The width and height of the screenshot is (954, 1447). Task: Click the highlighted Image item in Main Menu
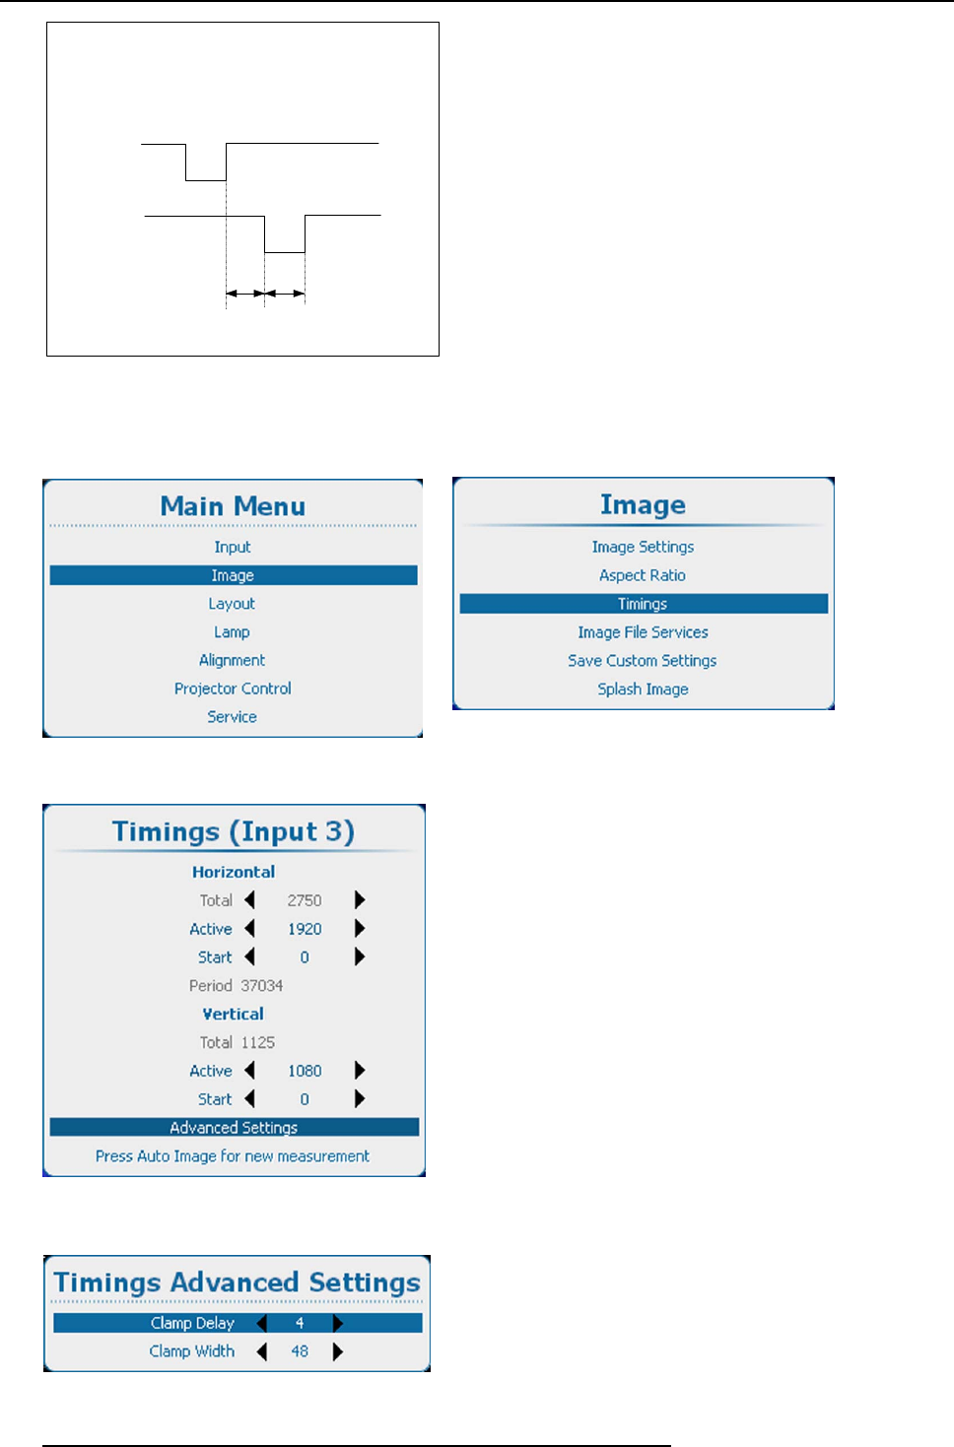pos(233,575)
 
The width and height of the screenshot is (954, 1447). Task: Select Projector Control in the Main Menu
pos(233,689)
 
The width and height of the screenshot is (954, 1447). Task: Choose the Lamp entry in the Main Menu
pos(232,632)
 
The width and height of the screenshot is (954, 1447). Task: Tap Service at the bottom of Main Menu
pos(232,717)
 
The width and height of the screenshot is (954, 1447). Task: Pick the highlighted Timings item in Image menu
pos(643,604)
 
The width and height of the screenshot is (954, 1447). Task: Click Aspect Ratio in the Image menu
pos(643,575)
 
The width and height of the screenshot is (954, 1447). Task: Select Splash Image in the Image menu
pos(643,690)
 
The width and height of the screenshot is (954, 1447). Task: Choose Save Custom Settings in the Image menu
pos(643,661)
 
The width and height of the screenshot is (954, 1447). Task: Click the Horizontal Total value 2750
pos(305,900)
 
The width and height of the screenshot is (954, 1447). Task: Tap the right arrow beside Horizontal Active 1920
pos(360,929)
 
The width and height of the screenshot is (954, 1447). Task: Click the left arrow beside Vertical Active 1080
pos(250,1071)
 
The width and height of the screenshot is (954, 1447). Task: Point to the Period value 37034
pos(261,986)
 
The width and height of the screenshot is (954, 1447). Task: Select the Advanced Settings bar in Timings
pos(234,1128)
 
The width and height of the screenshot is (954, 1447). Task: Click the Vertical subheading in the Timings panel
pos(234,1015)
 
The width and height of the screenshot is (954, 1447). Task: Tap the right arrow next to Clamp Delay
pos(338,1323)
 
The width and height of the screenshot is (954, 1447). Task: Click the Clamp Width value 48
pos(300,1351)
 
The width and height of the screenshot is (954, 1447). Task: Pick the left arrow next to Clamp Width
pos(262,1351)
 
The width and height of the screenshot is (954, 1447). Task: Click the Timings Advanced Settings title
pos(237,1283)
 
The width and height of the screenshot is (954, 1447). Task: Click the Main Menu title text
pos(233,506)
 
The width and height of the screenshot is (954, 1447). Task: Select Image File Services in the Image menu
pos(643,632)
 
